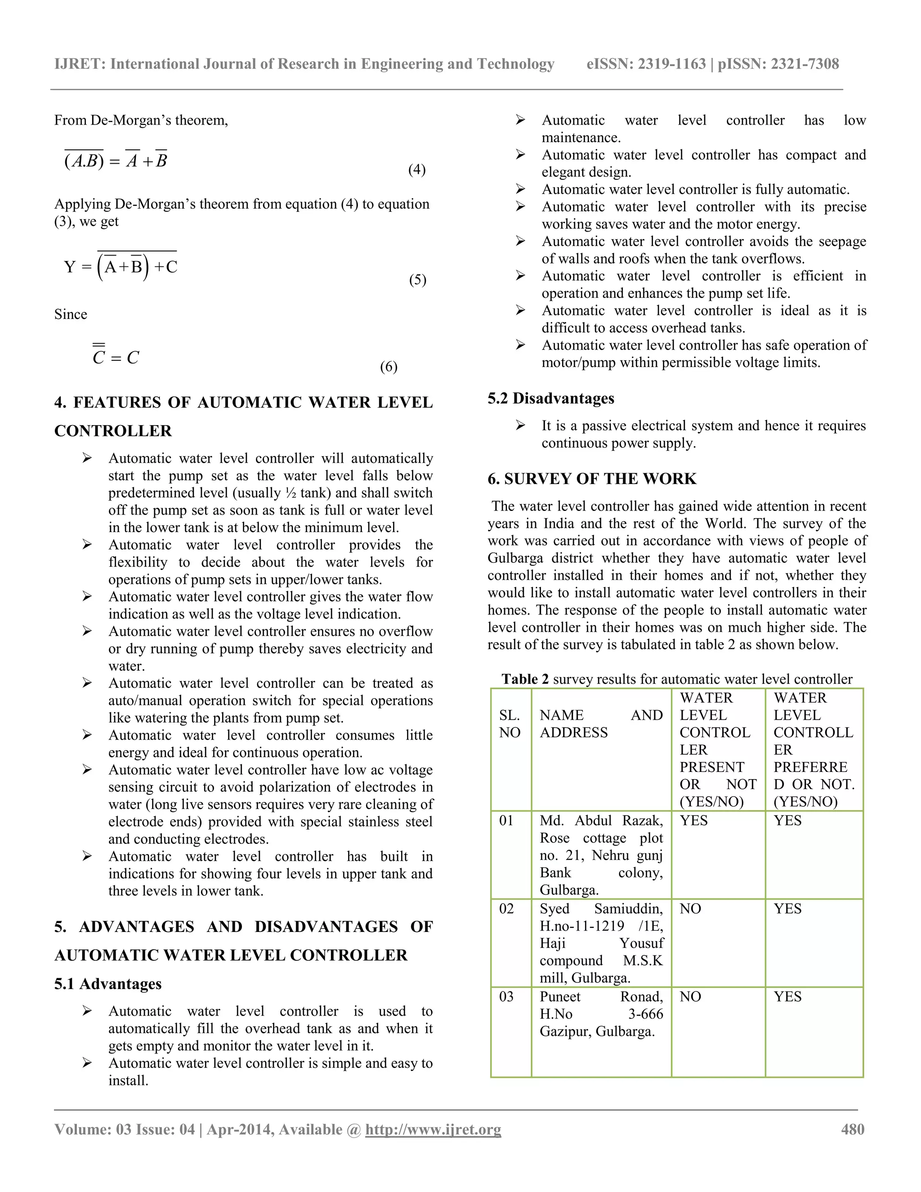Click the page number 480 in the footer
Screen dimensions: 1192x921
click(852, 1129)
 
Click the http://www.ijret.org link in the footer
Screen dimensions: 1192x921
click(433, 1129)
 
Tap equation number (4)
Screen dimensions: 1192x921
click(417, 170)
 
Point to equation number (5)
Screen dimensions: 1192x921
click(417, 280)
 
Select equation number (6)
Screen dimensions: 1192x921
click(389, 367)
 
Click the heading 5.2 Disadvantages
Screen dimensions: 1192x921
click(550, 399)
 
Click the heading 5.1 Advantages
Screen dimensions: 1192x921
click(108, 983)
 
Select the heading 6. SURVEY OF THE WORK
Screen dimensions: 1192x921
click(592, 479)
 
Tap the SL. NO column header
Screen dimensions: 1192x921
click(510, 724)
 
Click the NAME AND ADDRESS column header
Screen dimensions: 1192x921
click(601, 724)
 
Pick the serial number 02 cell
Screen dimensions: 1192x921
click(506, 909)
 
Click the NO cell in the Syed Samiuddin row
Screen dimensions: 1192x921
click(690, 909)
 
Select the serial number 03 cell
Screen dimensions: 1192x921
click(506, 997)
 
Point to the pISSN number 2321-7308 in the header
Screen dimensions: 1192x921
click(804, 64)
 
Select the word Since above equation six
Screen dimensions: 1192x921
click(71, 314)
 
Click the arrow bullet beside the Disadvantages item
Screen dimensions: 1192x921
click(520, 425)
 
